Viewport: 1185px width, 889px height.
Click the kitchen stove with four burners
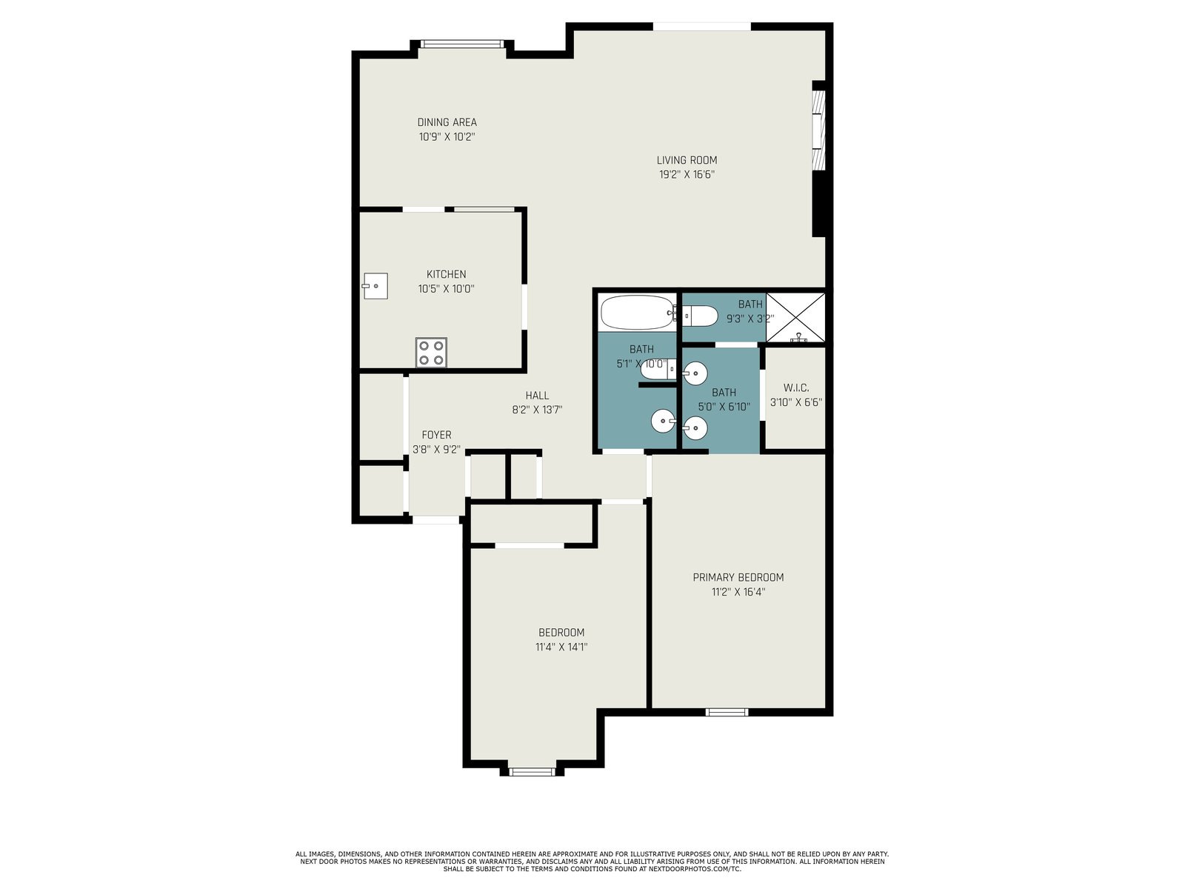pos(431,353)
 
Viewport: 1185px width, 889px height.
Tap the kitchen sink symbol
pos(375,285)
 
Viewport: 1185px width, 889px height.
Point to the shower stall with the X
pos(795,317)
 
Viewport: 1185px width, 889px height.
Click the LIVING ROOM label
pos(687,160)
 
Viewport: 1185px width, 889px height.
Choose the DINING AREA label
pos(447,122)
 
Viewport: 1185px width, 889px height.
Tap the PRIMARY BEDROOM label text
pos(738,577)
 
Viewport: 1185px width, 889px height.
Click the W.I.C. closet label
pos(796,387)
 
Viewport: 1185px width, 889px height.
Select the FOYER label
pos(436,435)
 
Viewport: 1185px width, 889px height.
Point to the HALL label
pos(537,395)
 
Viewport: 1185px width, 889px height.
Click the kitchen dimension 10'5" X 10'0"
pos(446,289)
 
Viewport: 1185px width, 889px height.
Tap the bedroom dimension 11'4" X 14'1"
pos(561,647)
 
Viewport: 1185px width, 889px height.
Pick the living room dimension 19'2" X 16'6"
pos(687,174)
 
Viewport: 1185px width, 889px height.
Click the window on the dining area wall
pos(461,44)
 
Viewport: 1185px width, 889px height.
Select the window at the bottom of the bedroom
pos(533,772)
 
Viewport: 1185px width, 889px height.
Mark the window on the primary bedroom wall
pos(727,713)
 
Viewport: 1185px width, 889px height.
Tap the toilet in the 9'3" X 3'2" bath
pos(699,316)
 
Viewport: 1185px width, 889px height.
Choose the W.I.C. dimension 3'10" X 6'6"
pos(796,402)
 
